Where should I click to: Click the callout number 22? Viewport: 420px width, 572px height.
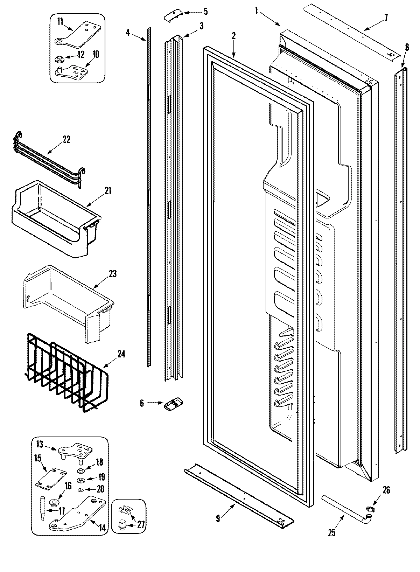click(66, 139)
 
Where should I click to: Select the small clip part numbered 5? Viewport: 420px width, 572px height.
click(173, 16)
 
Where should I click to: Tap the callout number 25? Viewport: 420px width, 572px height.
click(332, 533)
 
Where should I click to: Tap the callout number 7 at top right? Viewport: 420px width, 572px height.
click(386, 18)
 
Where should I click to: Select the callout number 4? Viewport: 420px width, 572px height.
click(128, 33)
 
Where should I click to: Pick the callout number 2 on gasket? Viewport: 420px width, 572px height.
click(233, 36)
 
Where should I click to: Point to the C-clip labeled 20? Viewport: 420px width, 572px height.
click(80, 489)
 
